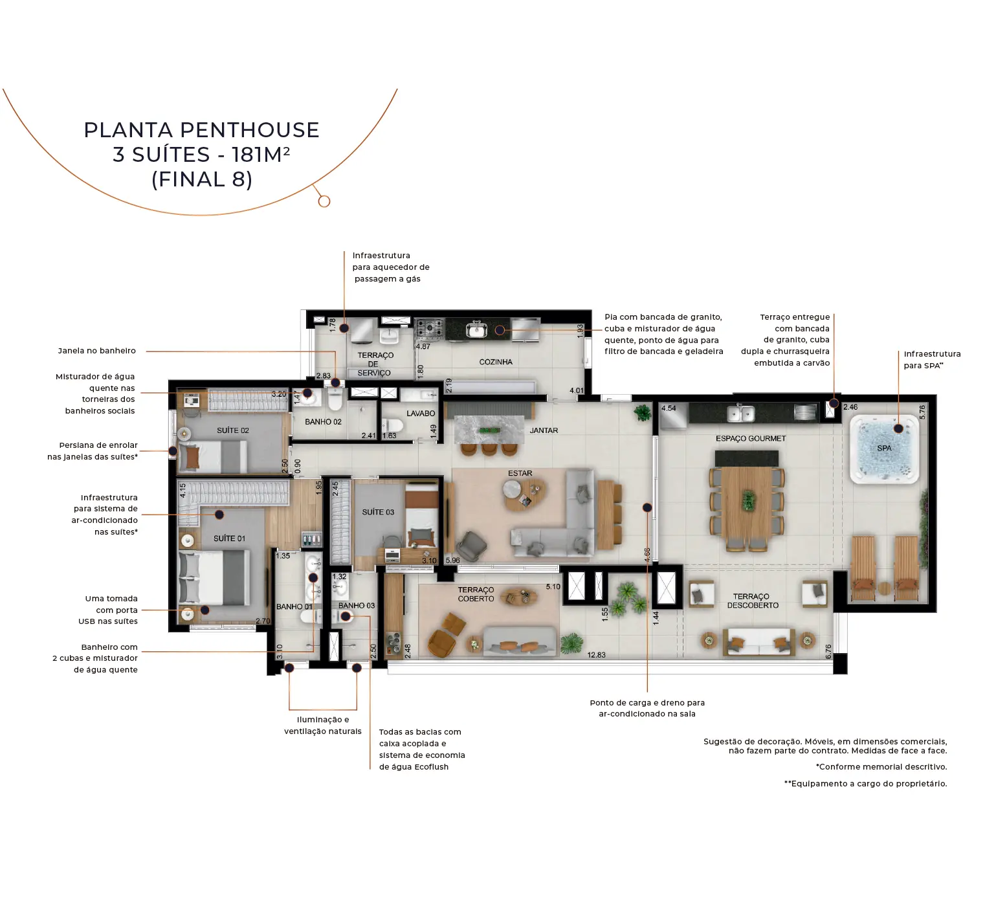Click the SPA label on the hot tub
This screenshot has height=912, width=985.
884,448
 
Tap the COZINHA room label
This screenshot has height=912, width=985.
496,362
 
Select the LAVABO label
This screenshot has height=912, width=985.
421,413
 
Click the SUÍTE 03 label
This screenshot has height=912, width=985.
378,512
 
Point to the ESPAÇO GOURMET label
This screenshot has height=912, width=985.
751,438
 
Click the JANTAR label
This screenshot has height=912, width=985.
544,430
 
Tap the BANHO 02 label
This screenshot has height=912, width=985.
323,421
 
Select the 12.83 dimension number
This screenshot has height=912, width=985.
596,655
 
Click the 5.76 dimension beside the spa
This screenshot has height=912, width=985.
922,412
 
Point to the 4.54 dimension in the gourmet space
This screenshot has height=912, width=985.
669,408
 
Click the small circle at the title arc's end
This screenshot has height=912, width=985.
324,201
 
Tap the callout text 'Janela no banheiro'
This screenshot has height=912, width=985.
97,351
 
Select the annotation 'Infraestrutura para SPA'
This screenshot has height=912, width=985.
932,360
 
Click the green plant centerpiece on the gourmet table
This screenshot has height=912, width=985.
749,500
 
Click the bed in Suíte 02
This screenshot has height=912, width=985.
212,456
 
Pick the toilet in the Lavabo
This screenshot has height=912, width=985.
393,426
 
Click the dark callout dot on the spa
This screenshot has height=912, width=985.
898,428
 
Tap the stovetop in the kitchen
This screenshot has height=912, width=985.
429,329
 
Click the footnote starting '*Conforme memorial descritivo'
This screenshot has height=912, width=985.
881,767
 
